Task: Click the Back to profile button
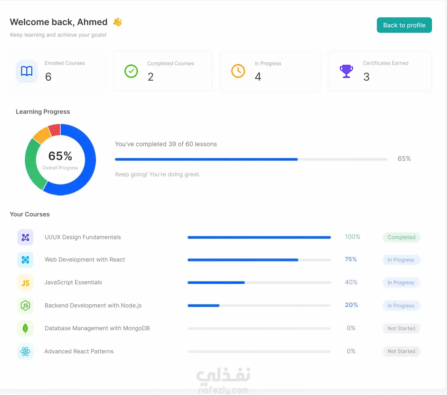pos(404,25)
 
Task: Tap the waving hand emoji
pos(118,22)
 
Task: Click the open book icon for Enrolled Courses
pos(27,71)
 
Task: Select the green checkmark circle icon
pos(131,71)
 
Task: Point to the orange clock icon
pos(238,71)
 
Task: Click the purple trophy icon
pos(346,71)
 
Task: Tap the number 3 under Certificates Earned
pos(366,77)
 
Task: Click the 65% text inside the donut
pos(60,156)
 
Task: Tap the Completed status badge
pos(402,237)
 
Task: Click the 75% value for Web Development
pos(351,259)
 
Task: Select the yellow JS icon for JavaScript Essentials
pos(25,282)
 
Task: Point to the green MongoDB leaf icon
pos(25,328)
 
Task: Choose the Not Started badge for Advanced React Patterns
pos(402,351)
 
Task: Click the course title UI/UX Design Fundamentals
pos(83,237)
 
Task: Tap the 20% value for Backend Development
pos(351,305)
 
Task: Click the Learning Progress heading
pos(43,111)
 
